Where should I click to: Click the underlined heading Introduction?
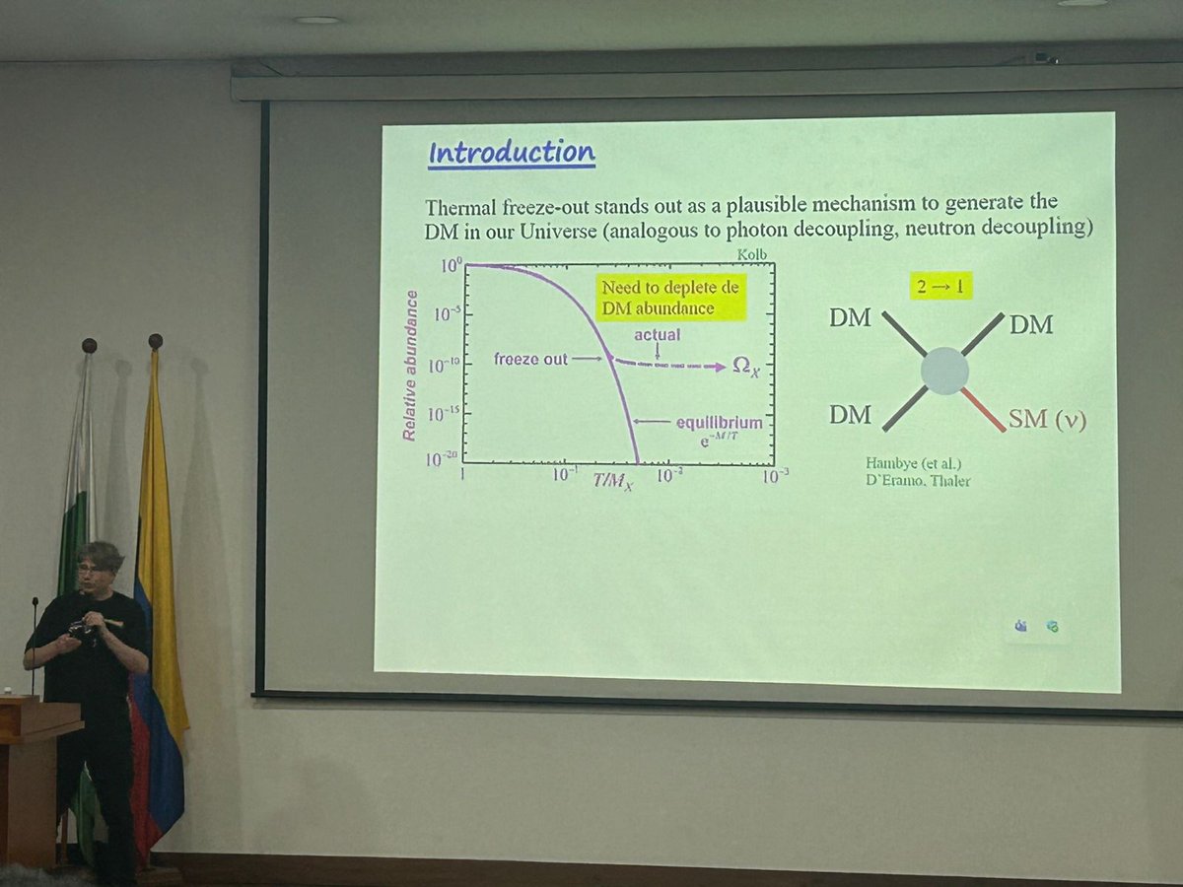511,154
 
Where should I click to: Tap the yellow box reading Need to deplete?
671,298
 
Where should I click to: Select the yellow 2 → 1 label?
941,286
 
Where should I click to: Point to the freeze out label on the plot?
530,360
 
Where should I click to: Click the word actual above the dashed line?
657,335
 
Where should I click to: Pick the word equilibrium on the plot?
720,423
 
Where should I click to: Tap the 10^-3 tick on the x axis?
775,475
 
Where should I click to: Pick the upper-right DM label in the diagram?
1031,324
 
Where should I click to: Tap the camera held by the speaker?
81,628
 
